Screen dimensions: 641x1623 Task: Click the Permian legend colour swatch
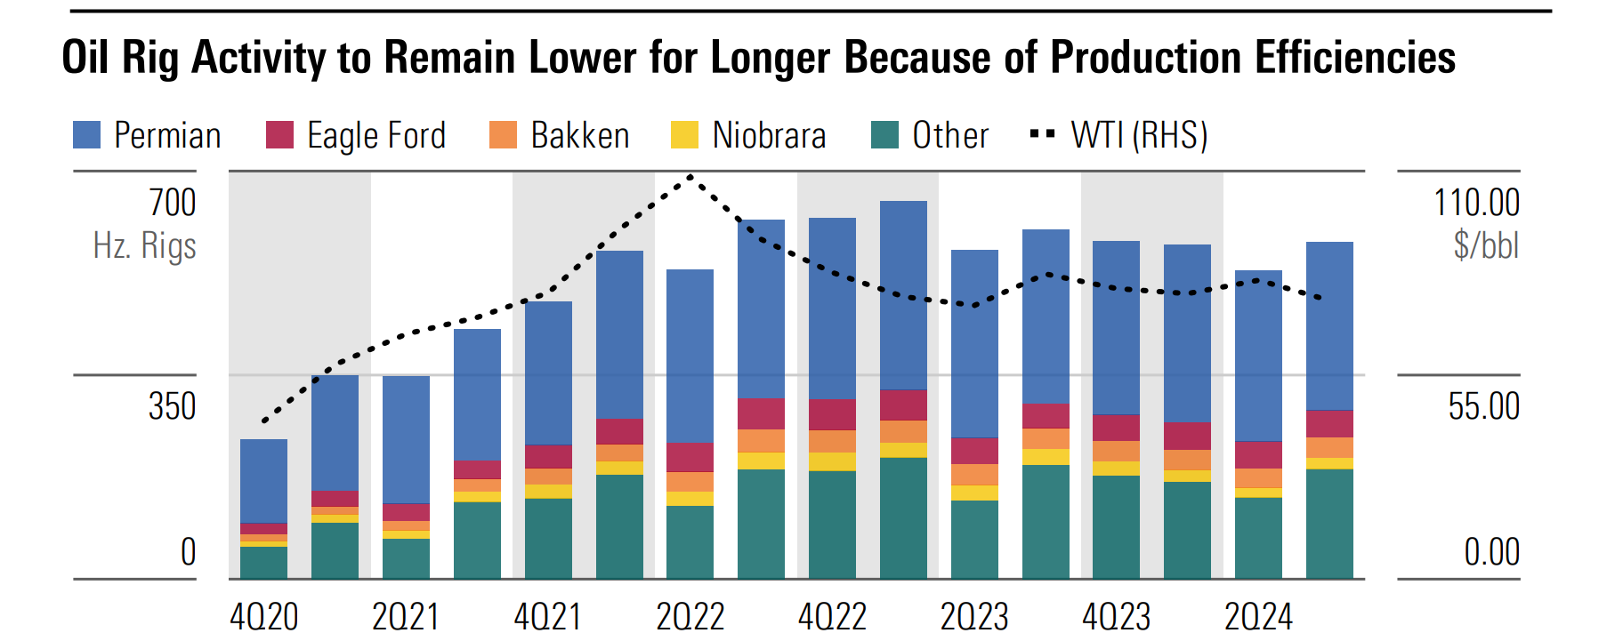86,135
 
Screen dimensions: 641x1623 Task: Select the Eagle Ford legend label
375,135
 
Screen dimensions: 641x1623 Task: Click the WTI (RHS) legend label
1139,135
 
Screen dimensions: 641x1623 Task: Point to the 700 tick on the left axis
173,203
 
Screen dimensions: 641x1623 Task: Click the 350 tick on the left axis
173,406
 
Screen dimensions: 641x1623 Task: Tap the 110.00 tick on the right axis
1476,203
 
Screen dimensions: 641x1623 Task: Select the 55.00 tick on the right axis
1483,406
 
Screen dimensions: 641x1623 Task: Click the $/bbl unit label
1486,245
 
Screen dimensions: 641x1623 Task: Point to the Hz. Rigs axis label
144,245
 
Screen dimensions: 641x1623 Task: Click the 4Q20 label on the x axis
264,617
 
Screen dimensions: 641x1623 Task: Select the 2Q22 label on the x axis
690,617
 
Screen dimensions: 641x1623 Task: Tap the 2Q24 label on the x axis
1258,617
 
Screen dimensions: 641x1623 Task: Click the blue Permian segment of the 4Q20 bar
264,480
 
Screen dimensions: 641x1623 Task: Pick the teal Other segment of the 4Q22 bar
832,525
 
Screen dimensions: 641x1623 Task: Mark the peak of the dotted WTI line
690,178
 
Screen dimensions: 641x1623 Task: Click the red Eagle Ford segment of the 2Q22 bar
690,457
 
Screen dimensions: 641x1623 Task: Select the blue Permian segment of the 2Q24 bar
1258,356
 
